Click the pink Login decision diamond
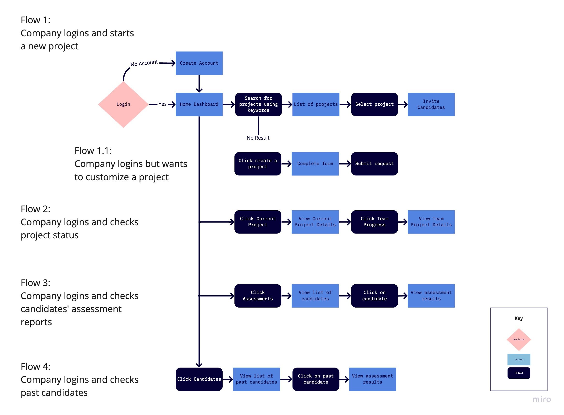click(123, 104)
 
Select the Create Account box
click(199, 63)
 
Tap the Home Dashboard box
click(199, 104)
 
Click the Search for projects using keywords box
click(258, 104)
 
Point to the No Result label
click(258, 138)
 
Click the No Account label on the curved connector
click(144, 63)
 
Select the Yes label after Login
click(162, 104)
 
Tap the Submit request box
click(374, 164)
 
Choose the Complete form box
click(315, 164)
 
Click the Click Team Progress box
click(374, 222)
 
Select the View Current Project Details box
click(315, 222)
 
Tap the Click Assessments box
click(258, 295)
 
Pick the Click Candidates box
click(199, 379)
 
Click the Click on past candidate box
click(316, 379)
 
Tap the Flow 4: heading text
click(35, 366)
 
